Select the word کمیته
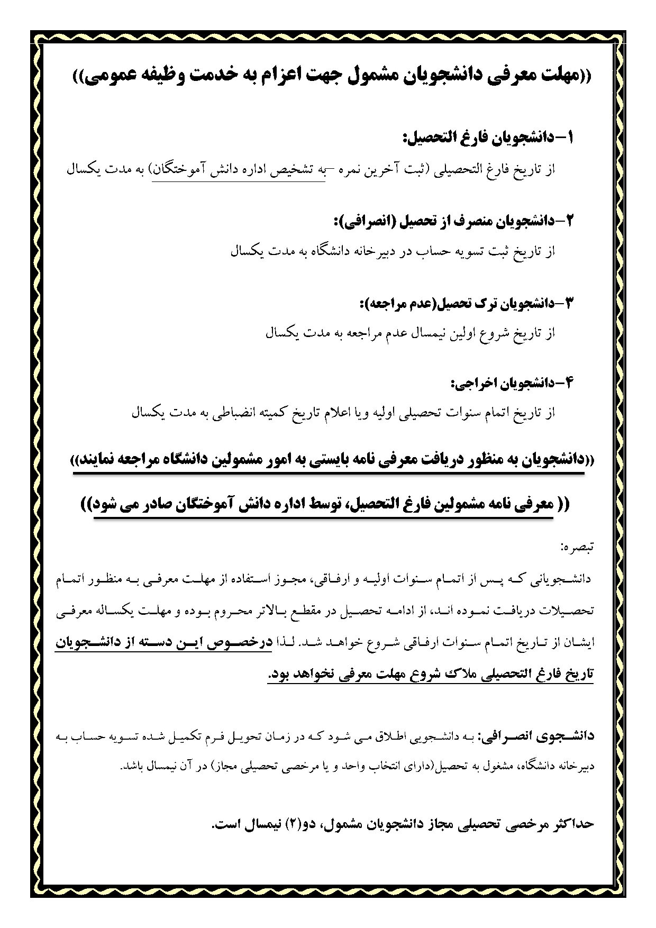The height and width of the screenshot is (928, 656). click(293, 413)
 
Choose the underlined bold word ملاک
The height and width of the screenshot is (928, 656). click(424, 674)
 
